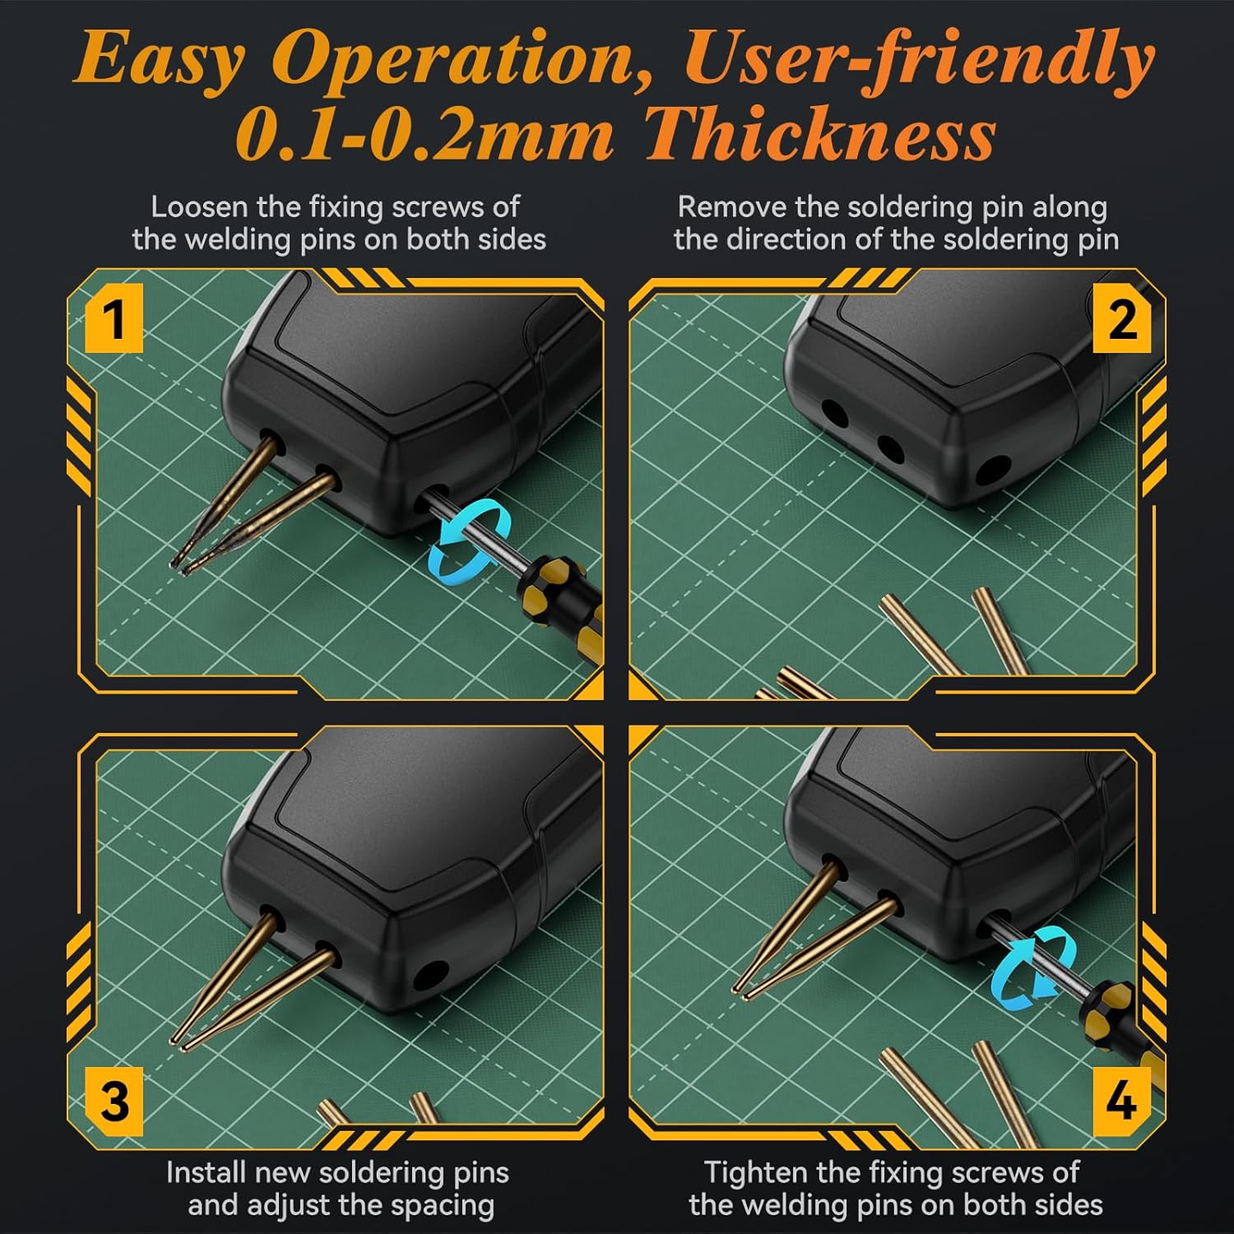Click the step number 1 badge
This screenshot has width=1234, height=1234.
(114, 318)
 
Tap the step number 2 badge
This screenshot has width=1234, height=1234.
(1121, 318)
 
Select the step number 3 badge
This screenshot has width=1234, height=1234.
(114, 1101)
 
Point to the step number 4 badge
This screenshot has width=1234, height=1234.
(1121, 1101)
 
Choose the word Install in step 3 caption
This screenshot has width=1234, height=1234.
(206, 1172)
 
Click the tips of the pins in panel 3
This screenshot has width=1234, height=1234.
(178, 1042)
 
